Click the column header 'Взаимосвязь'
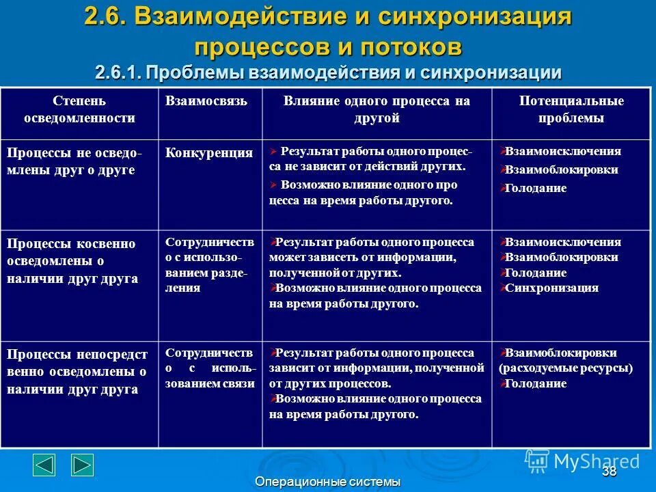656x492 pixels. click(x=206, y=101)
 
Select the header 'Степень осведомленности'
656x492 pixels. click(x=79, y=109)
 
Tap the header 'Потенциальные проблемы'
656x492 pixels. click(x=571, y=109)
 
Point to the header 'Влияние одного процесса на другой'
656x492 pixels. click(x=377, y=109)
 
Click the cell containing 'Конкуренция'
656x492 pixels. click(x=209, y=153)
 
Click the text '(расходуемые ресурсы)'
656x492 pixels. click(x=566, y=368)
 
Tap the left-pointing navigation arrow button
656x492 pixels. click(x=44, y=465)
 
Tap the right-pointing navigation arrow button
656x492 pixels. click(x=83, y=465)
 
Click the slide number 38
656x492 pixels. click(x=610, y=471)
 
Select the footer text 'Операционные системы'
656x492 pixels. click(x=327, y=482)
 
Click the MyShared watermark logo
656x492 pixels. click(x=582, y=461)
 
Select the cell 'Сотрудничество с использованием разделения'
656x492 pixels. click(x=209, y=265)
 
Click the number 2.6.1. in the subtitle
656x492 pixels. click(x=119, y=72)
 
